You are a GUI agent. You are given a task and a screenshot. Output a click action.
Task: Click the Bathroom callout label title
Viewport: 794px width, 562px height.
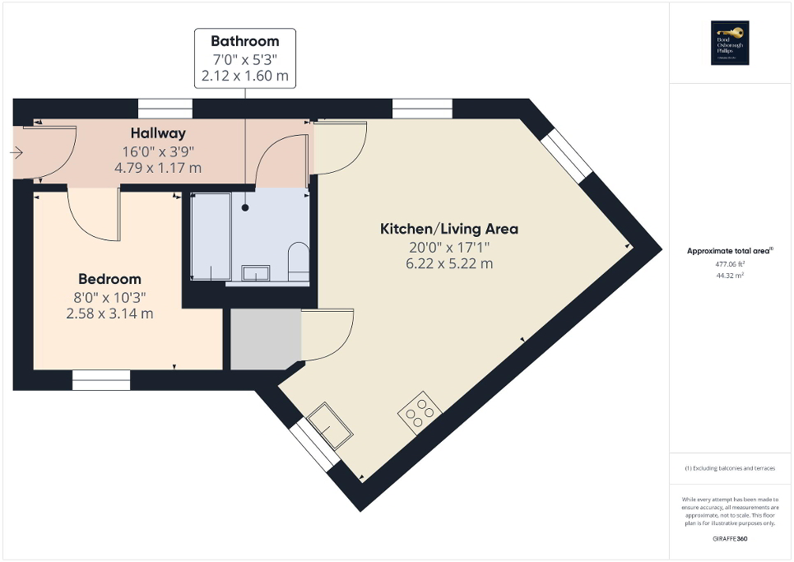coord(244,41)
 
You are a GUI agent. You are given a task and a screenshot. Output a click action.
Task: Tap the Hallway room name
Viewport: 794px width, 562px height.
coord(158,133)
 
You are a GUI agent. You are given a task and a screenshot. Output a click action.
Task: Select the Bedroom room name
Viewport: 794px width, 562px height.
coord(109,279)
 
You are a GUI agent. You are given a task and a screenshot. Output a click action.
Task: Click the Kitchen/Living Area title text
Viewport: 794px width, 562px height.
coord(448,229)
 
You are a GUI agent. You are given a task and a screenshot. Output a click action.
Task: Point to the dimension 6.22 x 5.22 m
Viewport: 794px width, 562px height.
coord(448,263)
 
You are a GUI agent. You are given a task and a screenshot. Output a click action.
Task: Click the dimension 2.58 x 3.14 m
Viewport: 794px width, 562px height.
coord(109,314)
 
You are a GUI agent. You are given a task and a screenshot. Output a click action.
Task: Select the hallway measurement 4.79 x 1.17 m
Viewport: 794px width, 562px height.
coord(158,168)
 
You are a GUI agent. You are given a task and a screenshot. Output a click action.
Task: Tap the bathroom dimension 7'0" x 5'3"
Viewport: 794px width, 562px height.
coord(244,59)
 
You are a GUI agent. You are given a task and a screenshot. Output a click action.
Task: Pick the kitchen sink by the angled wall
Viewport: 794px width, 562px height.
coord(331,425)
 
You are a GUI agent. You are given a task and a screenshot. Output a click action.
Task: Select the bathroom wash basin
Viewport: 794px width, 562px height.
coord(256,272)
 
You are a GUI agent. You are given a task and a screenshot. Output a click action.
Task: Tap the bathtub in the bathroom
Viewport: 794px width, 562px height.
coord(210,237)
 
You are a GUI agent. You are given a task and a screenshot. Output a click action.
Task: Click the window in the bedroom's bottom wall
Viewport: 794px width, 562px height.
coord(101,379)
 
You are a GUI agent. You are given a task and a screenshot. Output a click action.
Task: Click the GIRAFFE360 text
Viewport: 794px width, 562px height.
coord(730,537)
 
